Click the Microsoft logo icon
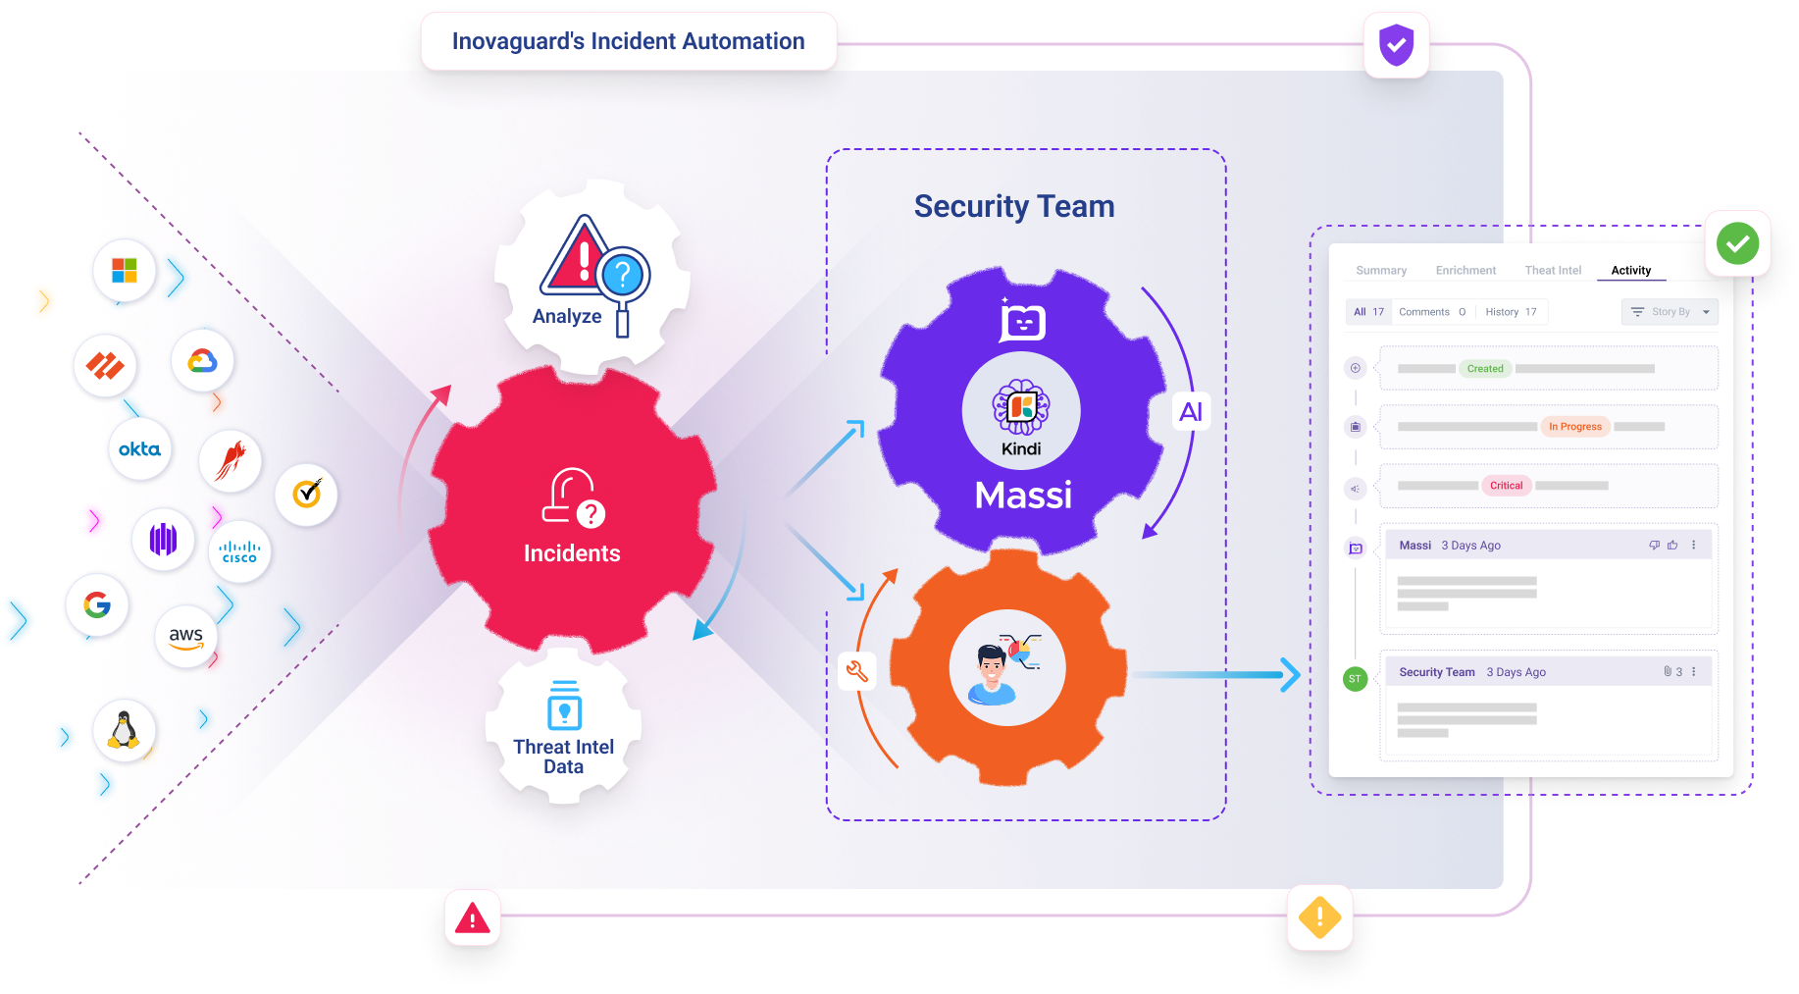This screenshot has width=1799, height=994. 125,270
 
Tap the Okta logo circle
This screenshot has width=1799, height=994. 139,449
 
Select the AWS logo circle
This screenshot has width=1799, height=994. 185,637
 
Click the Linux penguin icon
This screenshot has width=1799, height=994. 124,730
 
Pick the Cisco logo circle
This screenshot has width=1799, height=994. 239,552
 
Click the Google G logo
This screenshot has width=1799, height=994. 97,604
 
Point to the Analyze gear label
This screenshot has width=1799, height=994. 567,316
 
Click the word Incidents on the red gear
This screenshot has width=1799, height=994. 572,553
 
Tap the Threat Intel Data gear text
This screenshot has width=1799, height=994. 563,757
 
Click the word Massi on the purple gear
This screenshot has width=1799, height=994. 1023,496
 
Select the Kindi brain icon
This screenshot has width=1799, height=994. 1021,406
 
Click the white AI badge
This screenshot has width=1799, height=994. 1191,412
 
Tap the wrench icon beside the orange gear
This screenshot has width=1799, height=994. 856,671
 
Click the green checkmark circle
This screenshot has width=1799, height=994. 1737,243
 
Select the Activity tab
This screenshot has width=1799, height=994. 1630,271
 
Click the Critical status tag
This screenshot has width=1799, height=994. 1506,486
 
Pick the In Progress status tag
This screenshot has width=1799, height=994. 1574,427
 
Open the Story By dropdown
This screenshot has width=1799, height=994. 1670,312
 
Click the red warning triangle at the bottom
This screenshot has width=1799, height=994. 473,919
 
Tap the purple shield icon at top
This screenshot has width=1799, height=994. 1396,45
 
